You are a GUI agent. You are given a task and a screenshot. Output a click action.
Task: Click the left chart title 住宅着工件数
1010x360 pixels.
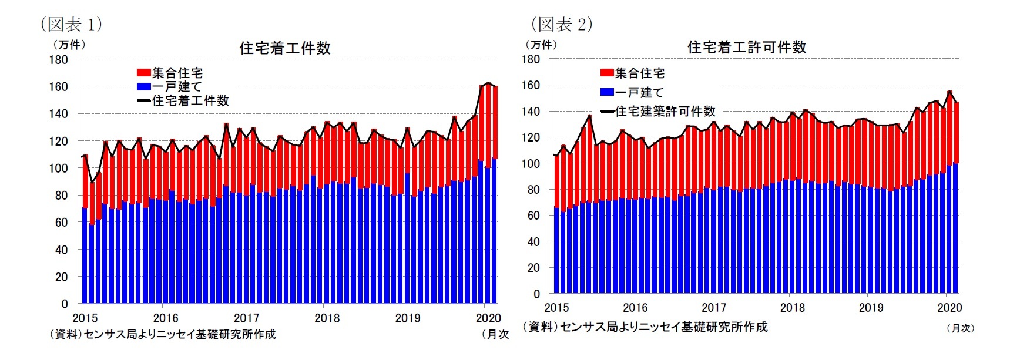tap(285, 48)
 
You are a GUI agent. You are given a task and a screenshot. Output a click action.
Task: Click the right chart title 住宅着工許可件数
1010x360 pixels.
tap(747, 47)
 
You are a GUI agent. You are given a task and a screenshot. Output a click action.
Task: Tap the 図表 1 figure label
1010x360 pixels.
tap(71, 24)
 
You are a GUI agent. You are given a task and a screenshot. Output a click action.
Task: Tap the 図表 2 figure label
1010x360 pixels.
tap(562, 24)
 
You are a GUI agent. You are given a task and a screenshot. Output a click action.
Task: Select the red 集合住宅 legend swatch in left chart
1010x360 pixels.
tap(143, 73)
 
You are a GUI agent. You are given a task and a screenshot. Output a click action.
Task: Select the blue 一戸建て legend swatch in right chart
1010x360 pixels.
tap(607, 92)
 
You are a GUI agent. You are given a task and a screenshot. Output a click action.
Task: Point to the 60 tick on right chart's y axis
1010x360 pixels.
tap(533, 216)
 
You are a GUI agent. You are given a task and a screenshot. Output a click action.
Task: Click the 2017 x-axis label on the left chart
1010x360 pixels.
tap(246, 318)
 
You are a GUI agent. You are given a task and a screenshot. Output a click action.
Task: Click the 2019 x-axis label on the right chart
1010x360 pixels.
tap(871, 308)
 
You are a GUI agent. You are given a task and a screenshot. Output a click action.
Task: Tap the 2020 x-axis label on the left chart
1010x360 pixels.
tap(488, 318)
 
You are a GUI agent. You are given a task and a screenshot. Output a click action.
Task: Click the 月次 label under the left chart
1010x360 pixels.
tap(495, 334)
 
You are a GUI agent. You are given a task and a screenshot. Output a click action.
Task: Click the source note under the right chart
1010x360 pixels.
tap(645, 327)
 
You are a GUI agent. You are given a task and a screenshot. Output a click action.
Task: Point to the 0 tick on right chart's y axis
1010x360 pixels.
tap(536, 294)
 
